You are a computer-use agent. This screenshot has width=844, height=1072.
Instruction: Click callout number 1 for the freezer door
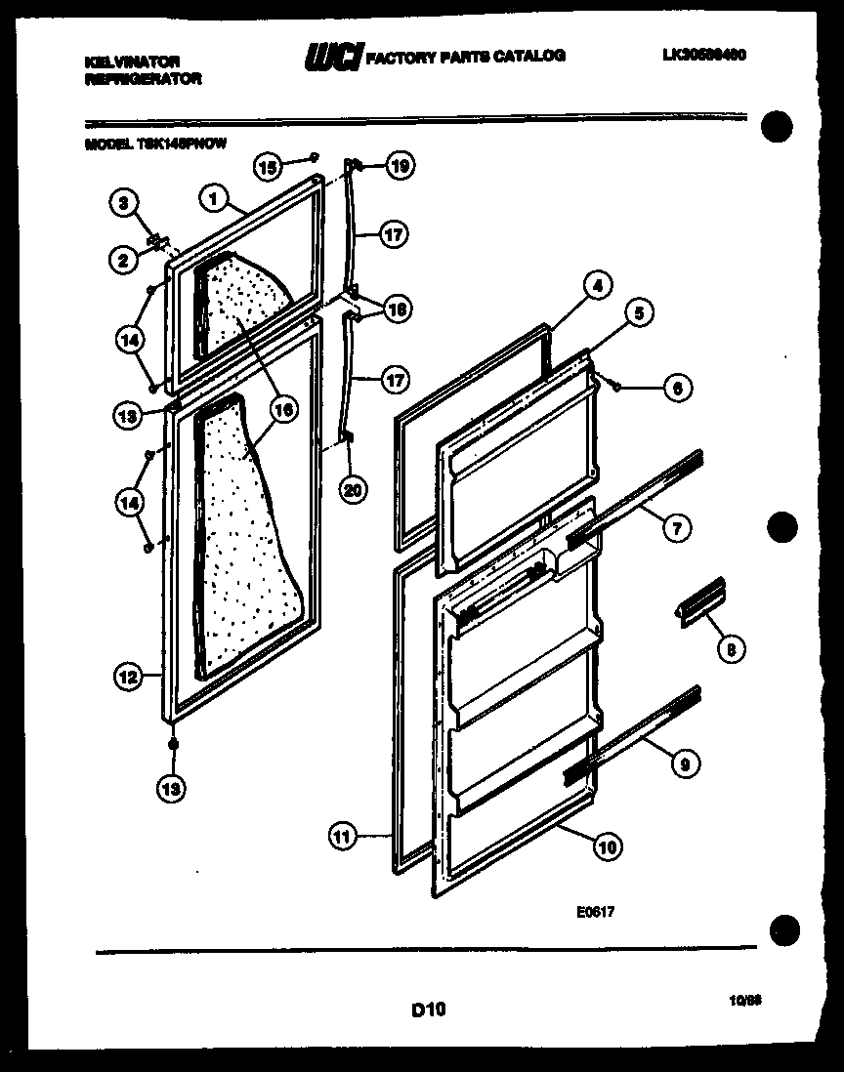pos(210,198)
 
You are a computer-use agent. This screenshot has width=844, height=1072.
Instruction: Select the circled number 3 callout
pos(122,203)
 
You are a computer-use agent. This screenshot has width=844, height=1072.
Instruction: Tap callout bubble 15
pos(268,166)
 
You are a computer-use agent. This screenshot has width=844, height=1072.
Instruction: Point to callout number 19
pos(396,165)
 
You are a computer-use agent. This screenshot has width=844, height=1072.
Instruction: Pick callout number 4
pos(598,286)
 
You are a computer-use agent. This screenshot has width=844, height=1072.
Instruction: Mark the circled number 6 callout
pos(678,388)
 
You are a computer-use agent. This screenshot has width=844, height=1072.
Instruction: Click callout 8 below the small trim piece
pos(730,645)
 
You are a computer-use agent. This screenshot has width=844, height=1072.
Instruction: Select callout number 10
pos(607,846)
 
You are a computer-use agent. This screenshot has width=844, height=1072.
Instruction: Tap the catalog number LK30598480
pos(703,56)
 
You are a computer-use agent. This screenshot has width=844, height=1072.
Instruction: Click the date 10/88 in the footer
pos(744,1001)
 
